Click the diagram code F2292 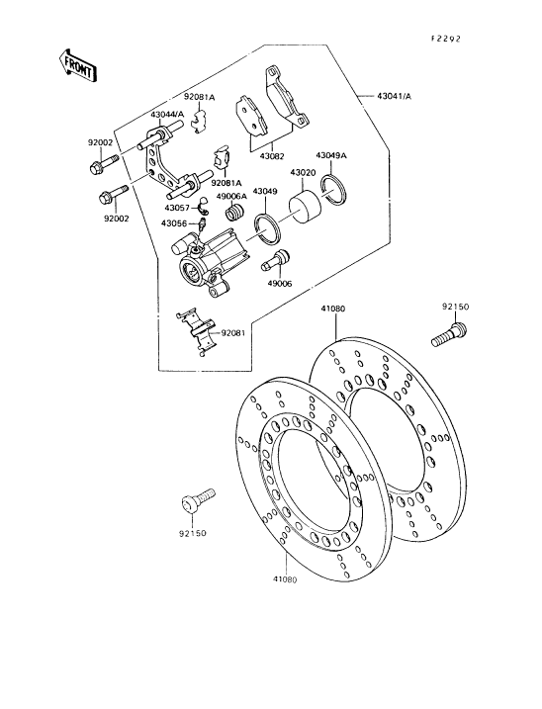(x=446, y=39)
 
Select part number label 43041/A (x=394, y=96)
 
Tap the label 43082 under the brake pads (x=272, y=156)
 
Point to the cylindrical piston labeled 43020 (x=305, y=207)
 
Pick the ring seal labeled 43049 (x=267, y=228)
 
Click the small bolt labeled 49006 (x=274, y=261)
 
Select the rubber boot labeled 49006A (x=235, y=212)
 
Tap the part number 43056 (x=176, y=222)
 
